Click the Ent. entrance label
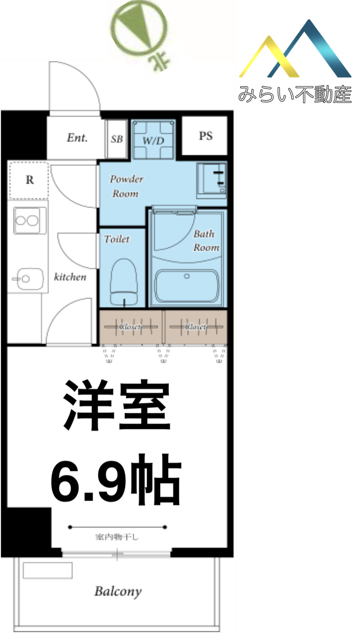click(77, 138)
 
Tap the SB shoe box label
click(117, 139)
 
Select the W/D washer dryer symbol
click(153, 140)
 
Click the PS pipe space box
click(205, 136)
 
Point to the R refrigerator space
click(29, 180)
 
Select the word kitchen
click(70, 276)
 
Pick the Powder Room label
click(126, 186)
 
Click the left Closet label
click(130, 327)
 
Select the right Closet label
click(196, 327)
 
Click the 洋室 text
click(117, 405)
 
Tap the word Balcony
click(118, 591)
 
